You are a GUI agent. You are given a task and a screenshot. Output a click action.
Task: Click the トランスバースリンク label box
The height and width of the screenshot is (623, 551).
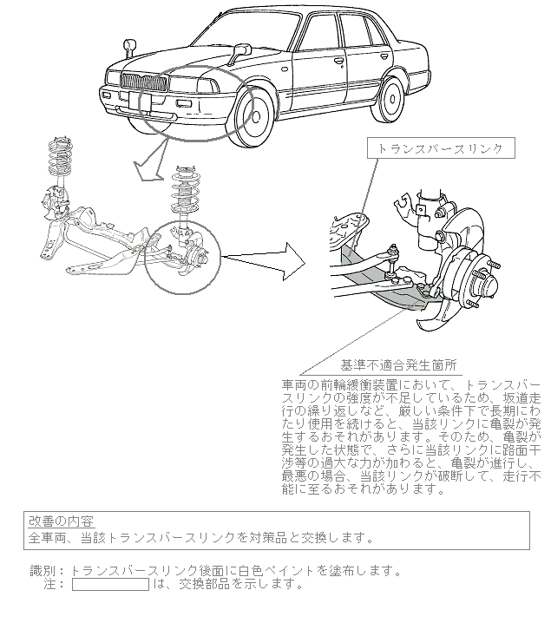(440, 149)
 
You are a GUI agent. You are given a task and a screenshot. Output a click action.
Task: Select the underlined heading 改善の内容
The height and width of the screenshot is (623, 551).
(61, 521)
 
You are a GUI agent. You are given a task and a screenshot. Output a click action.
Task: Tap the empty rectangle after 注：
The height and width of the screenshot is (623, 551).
(110, 585)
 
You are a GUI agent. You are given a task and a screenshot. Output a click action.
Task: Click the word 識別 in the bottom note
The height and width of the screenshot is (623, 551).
(42, 571)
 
